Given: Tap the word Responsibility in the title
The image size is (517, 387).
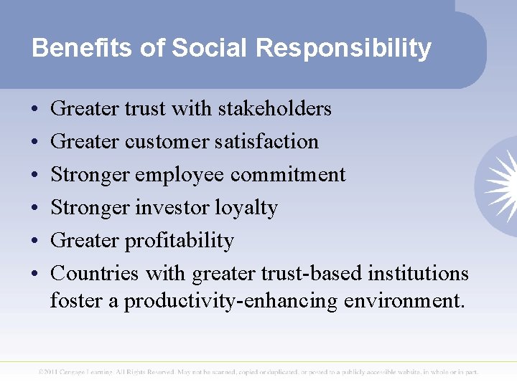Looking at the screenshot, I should pyautogui.click(x=343, y=48).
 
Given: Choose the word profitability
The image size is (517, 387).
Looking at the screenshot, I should pyautogui.click(x=179, y=241).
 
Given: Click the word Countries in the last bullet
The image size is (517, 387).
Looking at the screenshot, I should pyautogui.click(x=96, y=274).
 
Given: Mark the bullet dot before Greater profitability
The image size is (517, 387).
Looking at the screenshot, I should pyautogui.click(x=35, y=242).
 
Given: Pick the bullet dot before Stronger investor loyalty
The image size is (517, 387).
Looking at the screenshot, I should pyautogui.click(x=35, y=209).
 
